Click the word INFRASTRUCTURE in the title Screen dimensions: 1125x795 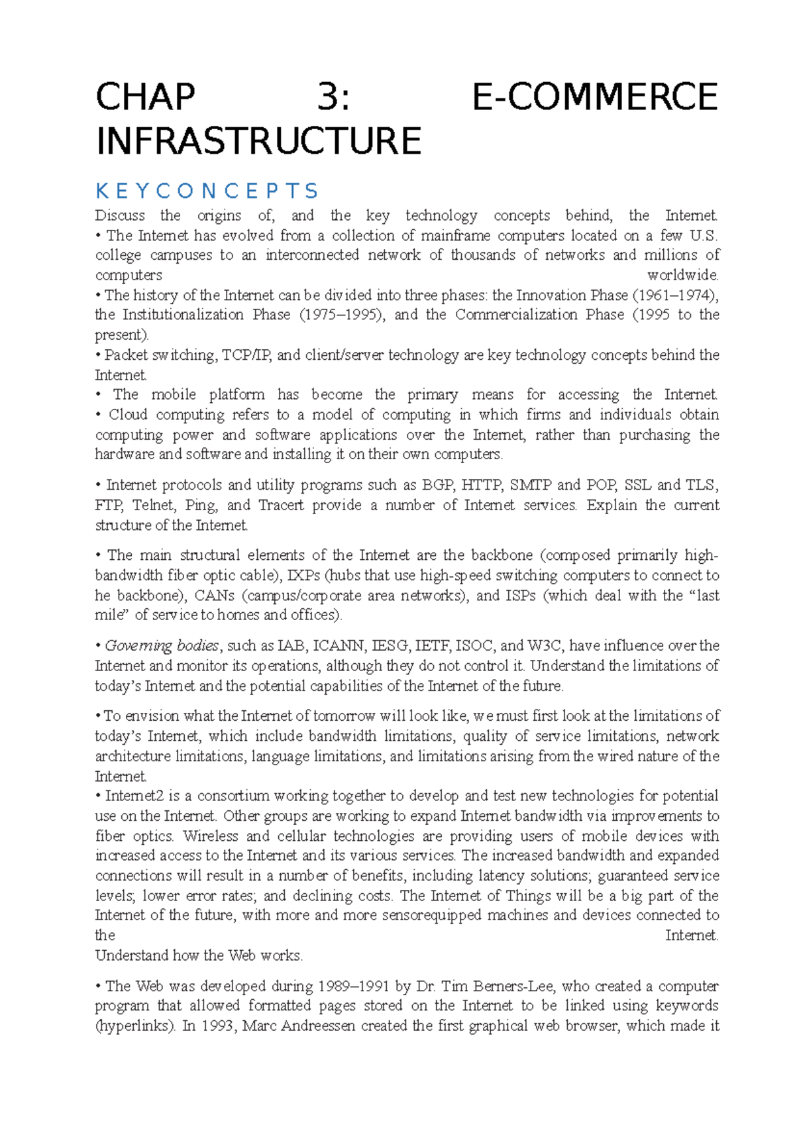(x=258, y=141)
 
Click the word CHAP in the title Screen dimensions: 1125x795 (x=145, y=97)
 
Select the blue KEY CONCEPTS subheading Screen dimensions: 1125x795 (x=207, y=191)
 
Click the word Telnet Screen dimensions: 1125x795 (x=154, y=506)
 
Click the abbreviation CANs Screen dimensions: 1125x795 (x=214, y=596)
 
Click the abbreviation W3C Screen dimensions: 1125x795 (x=544, y=646)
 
